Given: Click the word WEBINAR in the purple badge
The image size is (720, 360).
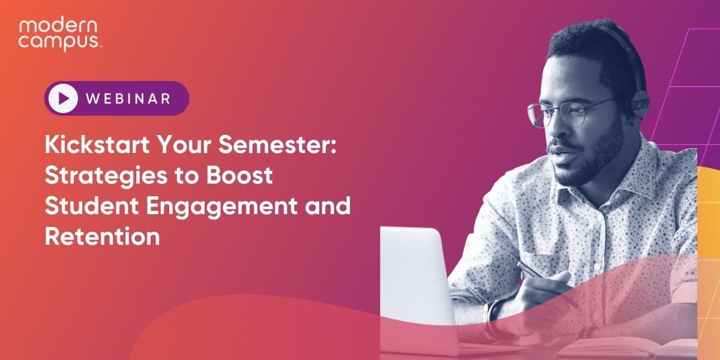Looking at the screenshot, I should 128,98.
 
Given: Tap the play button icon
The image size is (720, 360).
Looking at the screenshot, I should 64,98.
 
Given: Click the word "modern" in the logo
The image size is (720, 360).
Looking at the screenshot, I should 51,26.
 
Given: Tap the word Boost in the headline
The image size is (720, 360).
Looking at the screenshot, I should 240,176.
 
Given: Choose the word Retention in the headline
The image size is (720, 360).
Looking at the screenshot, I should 102,236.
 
